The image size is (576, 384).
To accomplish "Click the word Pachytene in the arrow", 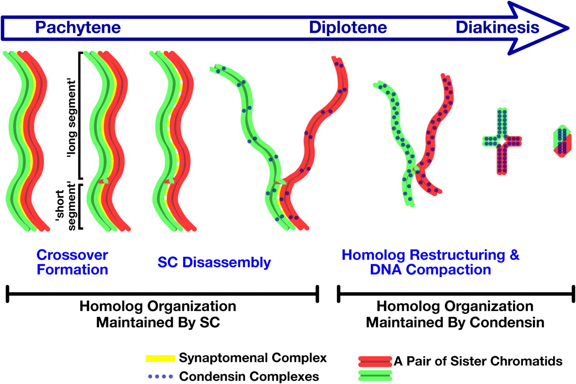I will (x=78, y=28).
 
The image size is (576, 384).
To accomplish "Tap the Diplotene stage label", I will (x=348, y=28).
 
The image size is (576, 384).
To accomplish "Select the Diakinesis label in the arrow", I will (x=497, y=28).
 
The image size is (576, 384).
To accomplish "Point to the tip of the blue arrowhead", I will (x=568, y=27).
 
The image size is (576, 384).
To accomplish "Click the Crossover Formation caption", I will (x=72, y=262).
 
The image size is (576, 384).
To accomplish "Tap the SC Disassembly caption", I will (x=214, y=262).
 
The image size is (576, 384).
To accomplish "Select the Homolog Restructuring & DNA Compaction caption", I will (x=430, y=262).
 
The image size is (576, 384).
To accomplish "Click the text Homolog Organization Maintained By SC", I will (x=158, y=314).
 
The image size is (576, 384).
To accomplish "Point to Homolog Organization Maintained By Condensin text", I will (x=455, y=314).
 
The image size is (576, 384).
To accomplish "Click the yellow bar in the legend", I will (x=160, y=358).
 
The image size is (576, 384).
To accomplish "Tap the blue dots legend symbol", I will (x=160, y=375).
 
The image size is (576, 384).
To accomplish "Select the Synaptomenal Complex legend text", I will (x=252, y=358).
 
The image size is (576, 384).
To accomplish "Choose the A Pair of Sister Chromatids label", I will (x=478, y=360).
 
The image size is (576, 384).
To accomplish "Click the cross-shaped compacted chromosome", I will (x=502, y=141).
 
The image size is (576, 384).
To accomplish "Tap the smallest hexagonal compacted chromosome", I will (x=562, y=141).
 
